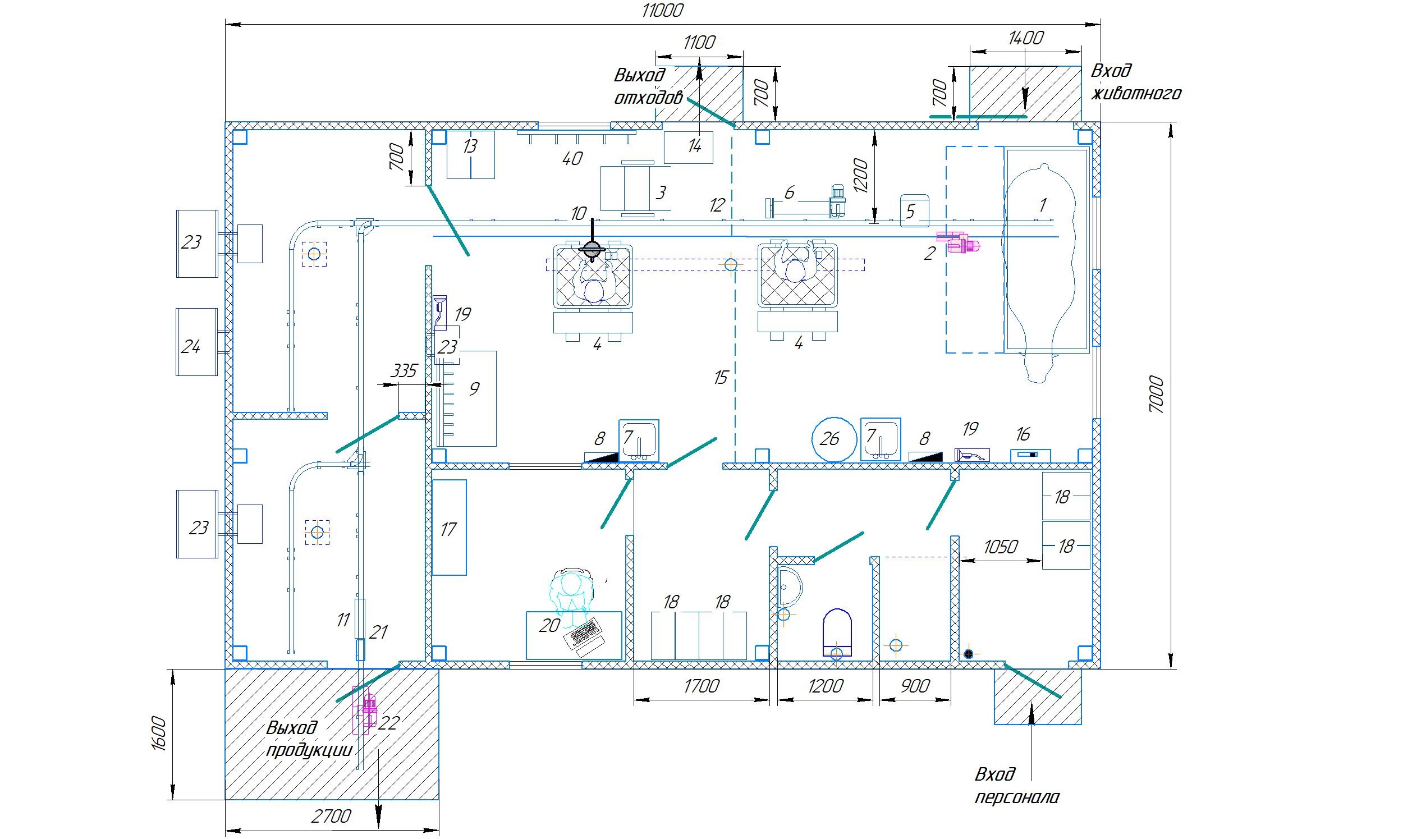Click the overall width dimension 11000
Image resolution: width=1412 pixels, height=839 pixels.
pyautogui.click(x=662, y=10)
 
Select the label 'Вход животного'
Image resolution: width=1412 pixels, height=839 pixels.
pyautogui.click(x=1135, y=81)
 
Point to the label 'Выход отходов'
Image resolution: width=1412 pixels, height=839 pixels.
pyautogui.click(x=648, y=86)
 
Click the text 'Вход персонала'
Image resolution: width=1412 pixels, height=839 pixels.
pyautogui.click(x=1016, y=785)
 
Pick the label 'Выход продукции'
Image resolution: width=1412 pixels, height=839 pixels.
pyautogui.click(x=309, y=739)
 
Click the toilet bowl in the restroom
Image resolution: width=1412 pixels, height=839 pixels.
pyautogui.click(x=837, y=633)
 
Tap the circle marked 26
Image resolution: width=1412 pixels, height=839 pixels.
pyautogui.click(x=834, y=439)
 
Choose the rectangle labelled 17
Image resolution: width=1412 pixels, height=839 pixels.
pyautogui.click(x=449, y=528)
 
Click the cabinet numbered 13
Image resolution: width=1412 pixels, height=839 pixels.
pyautogui.click(x=470, y=154)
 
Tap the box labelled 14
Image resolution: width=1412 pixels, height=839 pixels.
pyautogui.click(x=688, y=147)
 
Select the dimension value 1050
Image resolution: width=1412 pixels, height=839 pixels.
pyautogui.click(x=1000, y=547)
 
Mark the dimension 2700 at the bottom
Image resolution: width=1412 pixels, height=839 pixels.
pyautogui.click(x=331, y=816)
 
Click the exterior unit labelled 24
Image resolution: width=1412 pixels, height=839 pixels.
pyautogui.click(x=197, y=341)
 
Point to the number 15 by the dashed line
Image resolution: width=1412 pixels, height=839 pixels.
pyautogui.click(x=719, y=377)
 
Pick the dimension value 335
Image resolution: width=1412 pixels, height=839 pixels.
pyautogui.click(x=404, y=371)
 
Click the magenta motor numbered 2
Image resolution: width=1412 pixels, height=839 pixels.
pyautogui.click(x=959, y=242)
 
